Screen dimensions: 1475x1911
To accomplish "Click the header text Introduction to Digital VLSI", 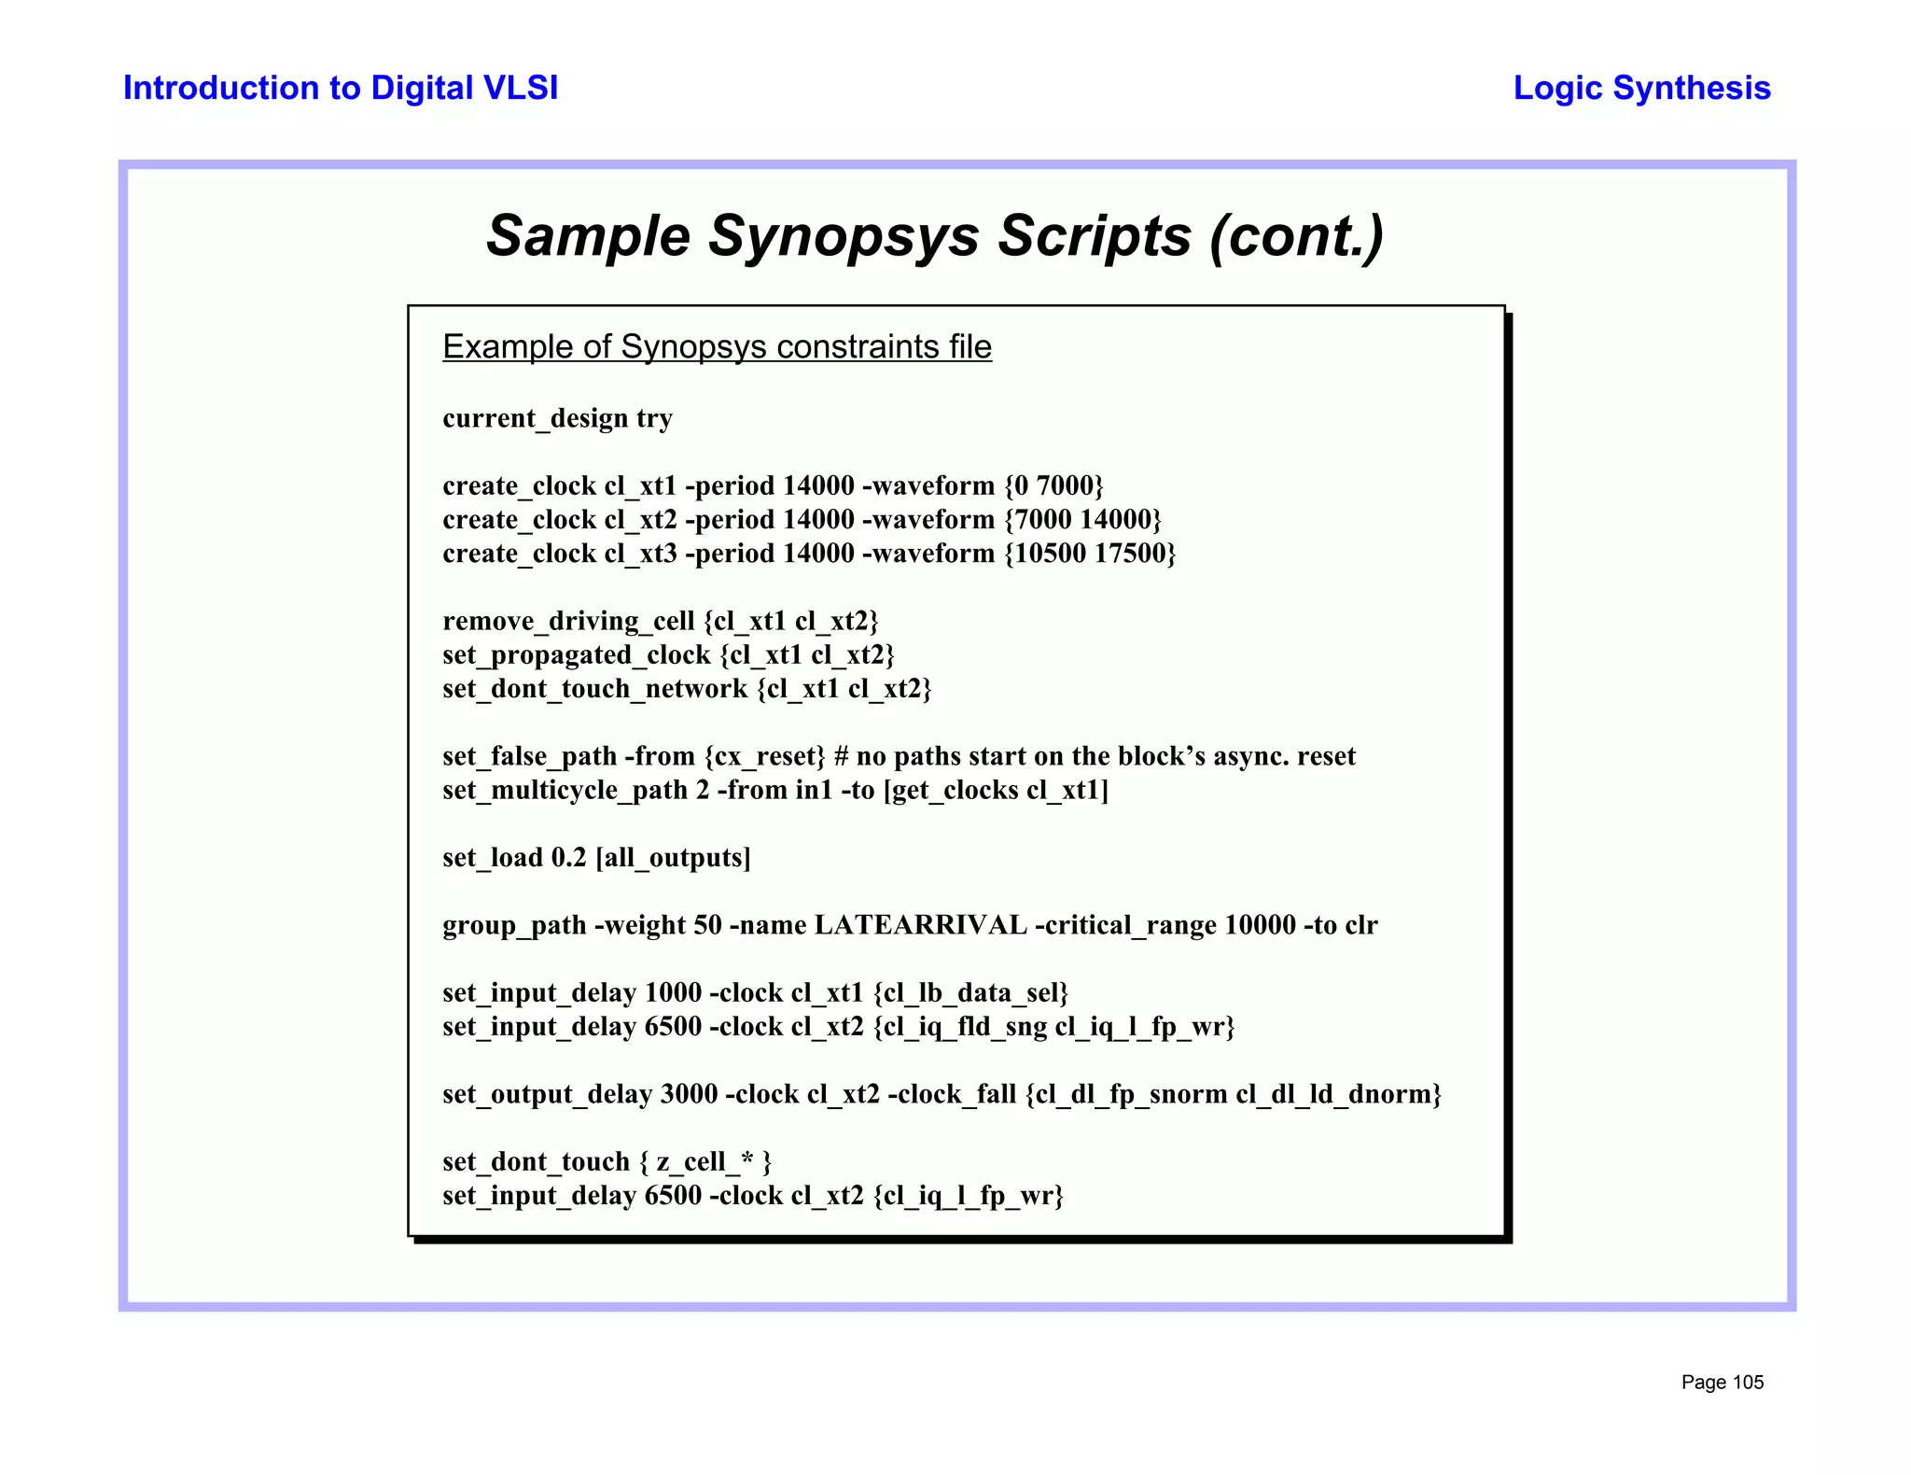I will pos(341,88).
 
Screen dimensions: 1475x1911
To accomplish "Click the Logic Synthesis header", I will pos(1641,88).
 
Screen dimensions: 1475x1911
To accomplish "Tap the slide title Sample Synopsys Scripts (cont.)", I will pos(935,235).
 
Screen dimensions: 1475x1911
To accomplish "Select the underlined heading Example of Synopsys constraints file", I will pos(717,347).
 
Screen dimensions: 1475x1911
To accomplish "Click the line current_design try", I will pos(557,418).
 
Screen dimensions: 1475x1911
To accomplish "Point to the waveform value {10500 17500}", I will pos(1090,554).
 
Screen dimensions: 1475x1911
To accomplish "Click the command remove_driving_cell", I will pos(568,622).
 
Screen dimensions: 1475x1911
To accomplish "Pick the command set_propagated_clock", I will pos(576,655).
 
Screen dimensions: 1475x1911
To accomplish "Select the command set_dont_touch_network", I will pos(594,689).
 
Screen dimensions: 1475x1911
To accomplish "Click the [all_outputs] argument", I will pos(673,858).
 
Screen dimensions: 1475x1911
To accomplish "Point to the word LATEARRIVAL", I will pos(920,925).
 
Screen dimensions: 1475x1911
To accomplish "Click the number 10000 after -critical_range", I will pos(1260,925).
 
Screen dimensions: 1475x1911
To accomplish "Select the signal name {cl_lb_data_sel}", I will pos(970,993).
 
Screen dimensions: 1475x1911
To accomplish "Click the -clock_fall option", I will pos(951,1094).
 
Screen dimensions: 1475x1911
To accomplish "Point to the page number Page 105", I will pos(1722,1383).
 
